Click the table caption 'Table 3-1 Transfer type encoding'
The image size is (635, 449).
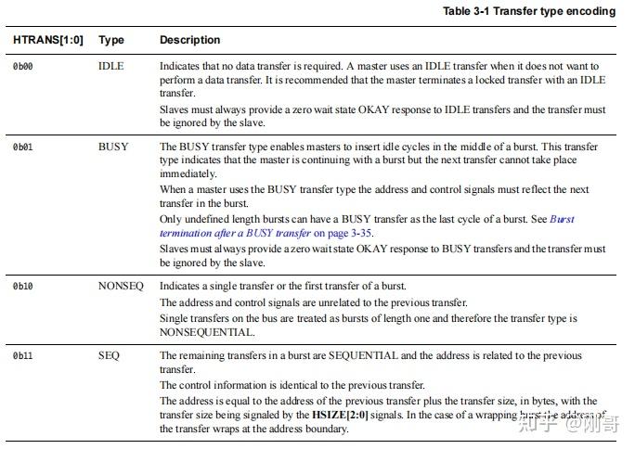528,11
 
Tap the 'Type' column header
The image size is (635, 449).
110,40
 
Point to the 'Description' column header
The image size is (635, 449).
190,40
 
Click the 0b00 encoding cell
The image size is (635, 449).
23,67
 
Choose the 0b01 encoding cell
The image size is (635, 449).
23,147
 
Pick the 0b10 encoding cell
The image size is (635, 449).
23,286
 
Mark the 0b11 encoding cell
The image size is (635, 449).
23,355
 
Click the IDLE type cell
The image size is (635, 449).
110,67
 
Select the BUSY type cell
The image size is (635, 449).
113,147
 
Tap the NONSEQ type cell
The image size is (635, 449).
121,286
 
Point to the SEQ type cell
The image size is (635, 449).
110,355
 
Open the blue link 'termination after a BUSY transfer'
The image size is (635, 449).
236,233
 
